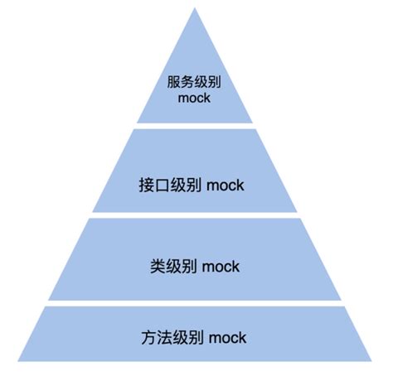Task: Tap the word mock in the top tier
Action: (195, 99)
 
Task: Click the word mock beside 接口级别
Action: (226, 186)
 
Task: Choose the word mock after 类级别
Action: (220, 266)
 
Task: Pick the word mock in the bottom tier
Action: (227, 338)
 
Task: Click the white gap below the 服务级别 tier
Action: (195, 126)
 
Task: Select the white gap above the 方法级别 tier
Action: (195, 304)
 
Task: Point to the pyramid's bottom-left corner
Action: (18, 360)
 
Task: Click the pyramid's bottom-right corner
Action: (372, 360)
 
